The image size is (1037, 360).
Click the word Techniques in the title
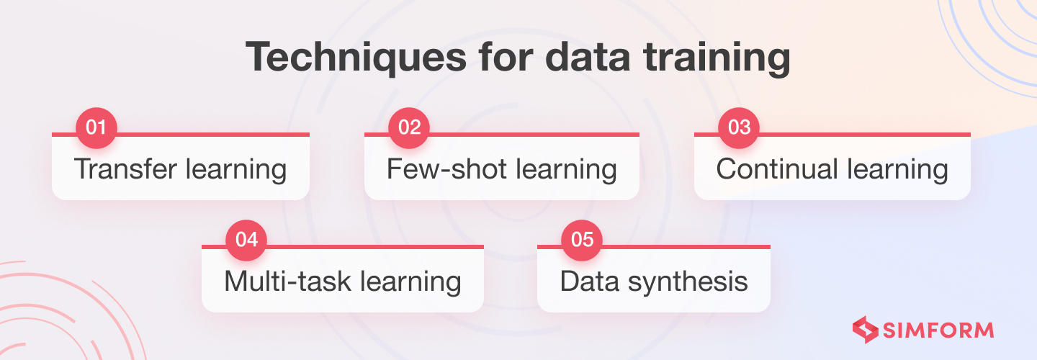356,58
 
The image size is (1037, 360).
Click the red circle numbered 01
96,127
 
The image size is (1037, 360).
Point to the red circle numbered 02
409,127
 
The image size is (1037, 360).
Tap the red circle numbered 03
739,127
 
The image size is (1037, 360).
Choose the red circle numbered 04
246,240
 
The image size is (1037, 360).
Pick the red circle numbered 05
582,240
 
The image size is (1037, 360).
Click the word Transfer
126,168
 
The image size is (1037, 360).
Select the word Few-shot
446,168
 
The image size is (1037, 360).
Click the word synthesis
688,282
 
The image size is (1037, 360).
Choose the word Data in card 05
590,281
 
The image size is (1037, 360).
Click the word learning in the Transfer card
236,170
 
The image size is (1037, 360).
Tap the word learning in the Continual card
898,170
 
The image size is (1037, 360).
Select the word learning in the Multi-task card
410,282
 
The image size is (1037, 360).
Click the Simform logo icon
866,330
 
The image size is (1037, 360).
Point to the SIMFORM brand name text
938,330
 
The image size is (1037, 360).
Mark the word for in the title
506,57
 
